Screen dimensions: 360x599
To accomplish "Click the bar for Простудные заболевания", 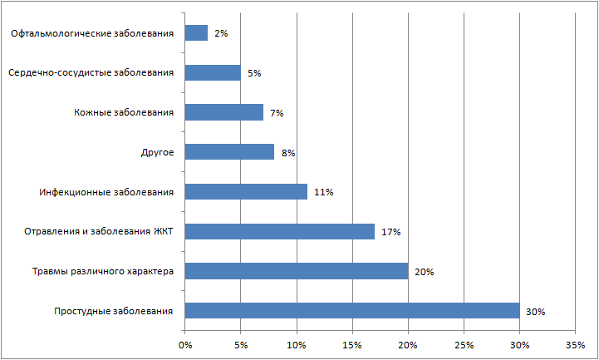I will click(x=351, y=311).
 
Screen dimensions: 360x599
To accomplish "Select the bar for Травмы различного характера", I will click(x=296, y=271).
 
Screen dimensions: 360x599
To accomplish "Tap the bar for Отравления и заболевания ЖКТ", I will click(x=279, y=231).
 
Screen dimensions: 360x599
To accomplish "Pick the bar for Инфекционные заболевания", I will click(x=246, y=192).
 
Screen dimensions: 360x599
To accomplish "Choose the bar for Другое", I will click(x=229, y=152).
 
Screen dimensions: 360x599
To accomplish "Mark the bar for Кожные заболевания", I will click(x=223, y=112).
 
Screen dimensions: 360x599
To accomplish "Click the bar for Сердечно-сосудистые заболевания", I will click(x=213, y=72).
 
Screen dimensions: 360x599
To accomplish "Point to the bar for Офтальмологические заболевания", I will click(x=196, y=33).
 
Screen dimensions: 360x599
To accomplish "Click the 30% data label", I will click(x=535, y=312).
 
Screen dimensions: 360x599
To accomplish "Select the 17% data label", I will click(x=390, y=232).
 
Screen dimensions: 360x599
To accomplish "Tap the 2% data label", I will click(x=221, y=33).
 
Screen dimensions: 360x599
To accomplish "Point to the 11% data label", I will click(x=323, y=192).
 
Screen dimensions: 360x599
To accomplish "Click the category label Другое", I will click(x=157, y=152).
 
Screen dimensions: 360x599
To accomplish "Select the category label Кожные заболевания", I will click(x=124, y=112).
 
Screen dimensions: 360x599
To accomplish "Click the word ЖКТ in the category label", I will click(x=162, y=232).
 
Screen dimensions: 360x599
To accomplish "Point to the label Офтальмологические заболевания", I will click(x=93, y=33).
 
